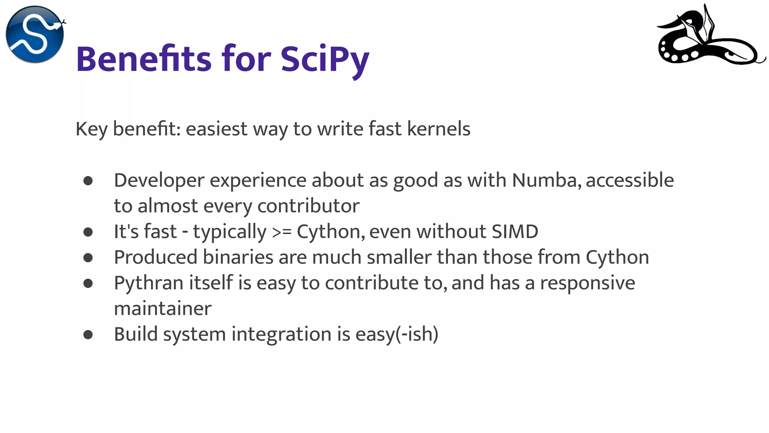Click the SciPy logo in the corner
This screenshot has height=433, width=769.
coord(35,34)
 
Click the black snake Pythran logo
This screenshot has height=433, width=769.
coord(710,38)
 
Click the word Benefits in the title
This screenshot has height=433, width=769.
coord(144,59)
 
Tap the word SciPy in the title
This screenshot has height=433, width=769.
coord(325,59)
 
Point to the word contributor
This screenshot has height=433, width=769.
coord(308,206)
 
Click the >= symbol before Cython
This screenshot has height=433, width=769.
coord(281,232)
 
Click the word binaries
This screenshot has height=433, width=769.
coord(238,257)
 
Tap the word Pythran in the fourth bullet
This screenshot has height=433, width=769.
coord(149,283)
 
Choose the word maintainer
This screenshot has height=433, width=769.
coord(163,308)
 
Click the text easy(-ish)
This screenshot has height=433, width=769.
coord(397,334)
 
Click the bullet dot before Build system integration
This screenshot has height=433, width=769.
coord(88,335)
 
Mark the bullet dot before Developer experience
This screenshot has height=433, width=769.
coord(88,181)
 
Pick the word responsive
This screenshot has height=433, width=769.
coord(587,283)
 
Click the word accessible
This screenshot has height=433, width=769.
coord(630,180)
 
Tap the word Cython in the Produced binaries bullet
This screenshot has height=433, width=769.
coord(617,257)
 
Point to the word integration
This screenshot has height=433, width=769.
coord(281,334)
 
